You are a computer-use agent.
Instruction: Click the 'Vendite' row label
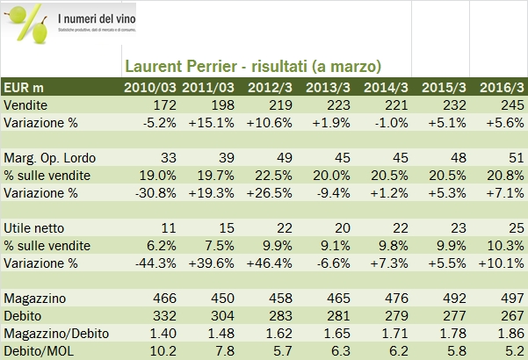tap(25, 105)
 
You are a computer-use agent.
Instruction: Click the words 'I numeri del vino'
tap(101, 18)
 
